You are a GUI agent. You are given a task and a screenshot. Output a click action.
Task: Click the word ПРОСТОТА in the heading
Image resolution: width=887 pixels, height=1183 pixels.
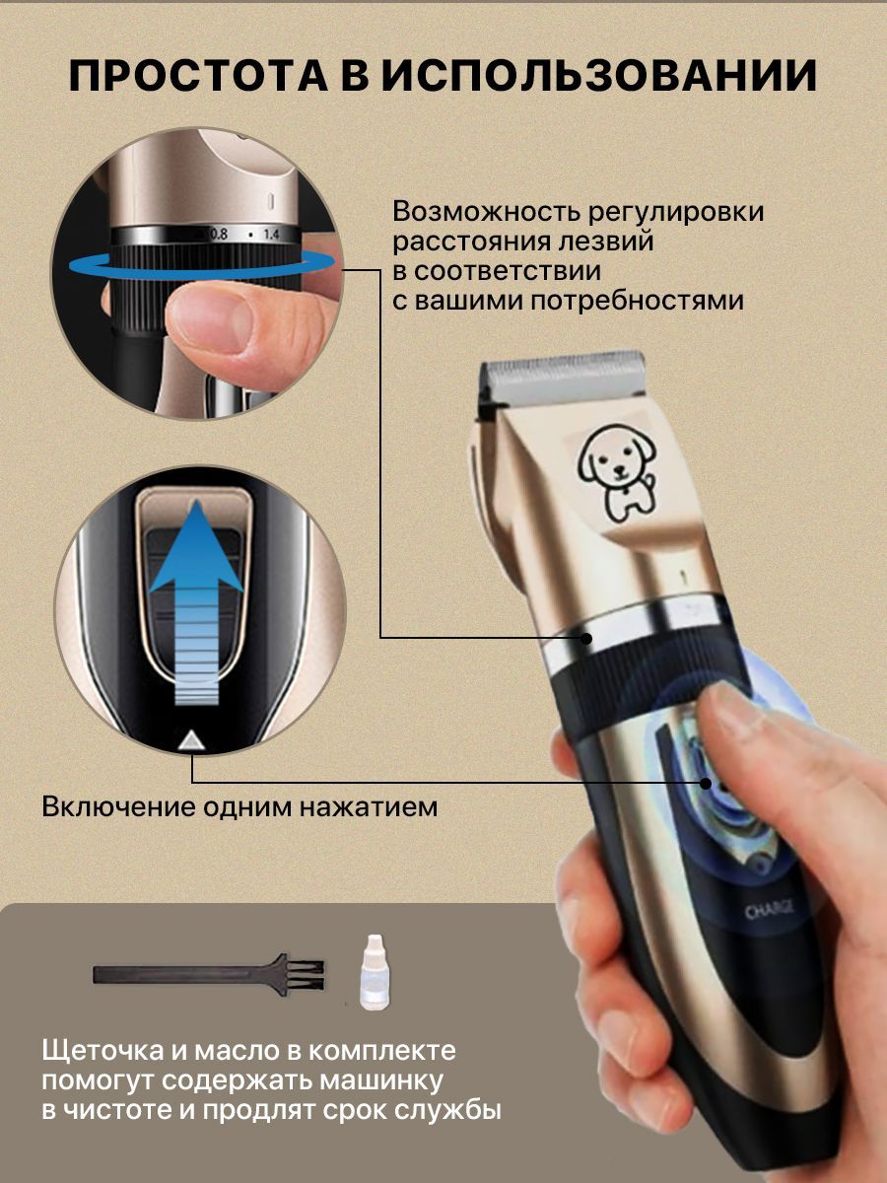pyautogui.click(x=199, y=76)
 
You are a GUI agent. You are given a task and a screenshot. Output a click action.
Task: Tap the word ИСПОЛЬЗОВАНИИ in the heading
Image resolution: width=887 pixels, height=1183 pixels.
pyautogui.click(x=599, y=76)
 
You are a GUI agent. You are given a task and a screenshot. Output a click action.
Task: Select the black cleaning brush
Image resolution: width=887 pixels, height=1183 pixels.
pyautogui.click(x=209, y=974)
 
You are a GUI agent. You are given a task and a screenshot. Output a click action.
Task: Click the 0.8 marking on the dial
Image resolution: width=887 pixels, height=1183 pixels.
pyautogui.click(x=219, y=235)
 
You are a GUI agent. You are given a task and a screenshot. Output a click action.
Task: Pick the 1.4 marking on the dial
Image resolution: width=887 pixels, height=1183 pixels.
pyautogui.click(x=271, y=235)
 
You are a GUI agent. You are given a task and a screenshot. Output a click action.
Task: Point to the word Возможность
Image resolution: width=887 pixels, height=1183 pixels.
pyautogui.click(x=485, y=212)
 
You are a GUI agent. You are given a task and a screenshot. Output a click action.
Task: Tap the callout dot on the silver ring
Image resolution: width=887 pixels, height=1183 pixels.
pyautogui.click(x=587, y=639)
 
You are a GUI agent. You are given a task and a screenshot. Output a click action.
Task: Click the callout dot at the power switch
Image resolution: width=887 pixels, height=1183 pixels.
pyautogui.click(x=706, y=783)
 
